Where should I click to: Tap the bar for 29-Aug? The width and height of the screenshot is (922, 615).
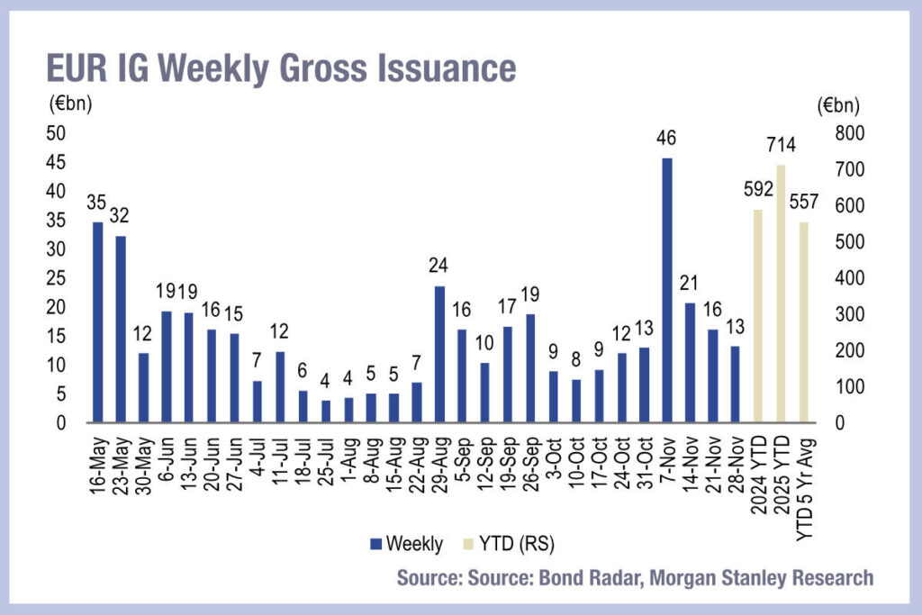point(439,355)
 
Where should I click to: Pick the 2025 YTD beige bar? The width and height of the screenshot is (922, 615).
point(781,294)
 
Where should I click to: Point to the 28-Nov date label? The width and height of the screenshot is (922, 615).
point(736,460)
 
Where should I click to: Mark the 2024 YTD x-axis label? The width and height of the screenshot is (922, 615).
point(758,465)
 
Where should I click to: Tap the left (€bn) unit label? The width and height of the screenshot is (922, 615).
point(70,102)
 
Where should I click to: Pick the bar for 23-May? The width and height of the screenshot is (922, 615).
point(121,330)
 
